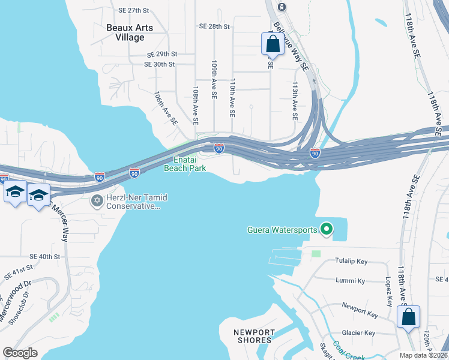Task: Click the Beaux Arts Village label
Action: tap(130, 32)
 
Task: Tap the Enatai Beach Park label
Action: tap(185, 164)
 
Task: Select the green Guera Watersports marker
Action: tap(327, 229)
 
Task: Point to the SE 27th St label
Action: tap(133, 11)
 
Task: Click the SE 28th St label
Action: tap(215, 26)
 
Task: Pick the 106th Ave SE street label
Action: tap(166, 108)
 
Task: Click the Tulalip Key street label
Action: tap(351, 262)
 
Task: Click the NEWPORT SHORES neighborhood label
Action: tap(255, 336)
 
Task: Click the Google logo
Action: tap(20, 353)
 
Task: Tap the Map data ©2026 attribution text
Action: tap(423, 355)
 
